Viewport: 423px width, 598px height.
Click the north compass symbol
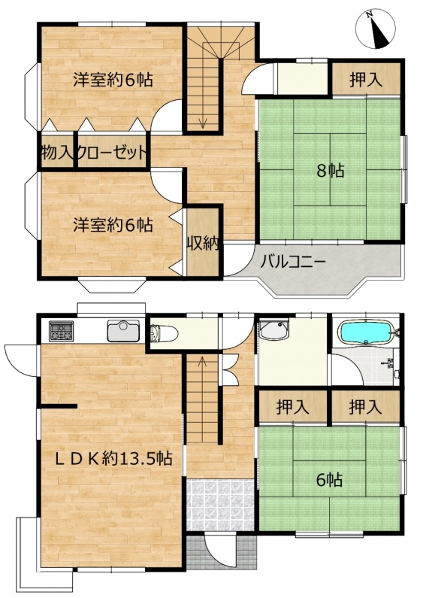pos(376,29)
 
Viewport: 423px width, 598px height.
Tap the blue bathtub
pos(367,333)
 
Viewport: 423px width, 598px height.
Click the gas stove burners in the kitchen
pos(61,331)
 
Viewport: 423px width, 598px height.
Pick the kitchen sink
pos(123,331)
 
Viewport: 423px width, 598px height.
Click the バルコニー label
pos(293,263)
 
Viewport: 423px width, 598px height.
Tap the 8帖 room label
pos(330,172)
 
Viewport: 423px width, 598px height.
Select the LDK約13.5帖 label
pos(113,458)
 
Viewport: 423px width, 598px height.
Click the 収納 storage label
pos(202,244)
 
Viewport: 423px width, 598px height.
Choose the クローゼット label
pos(112,153)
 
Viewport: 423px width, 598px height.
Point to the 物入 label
pos(57,153)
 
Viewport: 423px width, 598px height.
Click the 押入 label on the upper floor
pos(366,80)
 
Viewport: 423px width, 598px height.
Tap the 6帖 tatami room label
pos(330,480)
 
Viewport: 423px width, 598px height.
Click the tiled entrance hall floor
pos(220,505)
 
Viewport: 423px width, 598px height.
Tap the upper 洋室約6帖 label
pos(113,80)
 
